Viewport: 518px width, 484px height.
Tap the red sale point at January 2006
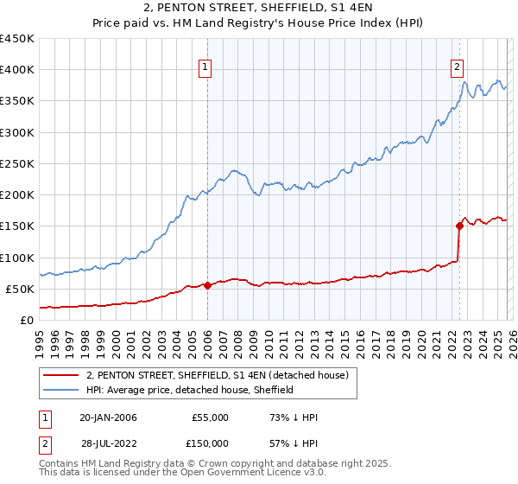point(207,285)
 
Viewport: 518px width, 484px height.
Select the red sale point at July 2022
point(459,226)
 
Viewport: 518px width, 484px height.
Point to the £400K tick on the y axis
point(16,70)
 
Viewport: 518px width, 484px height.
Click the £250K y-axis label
point(16,163)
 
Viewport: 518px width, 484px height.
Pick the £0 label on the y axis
point(27,320)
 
